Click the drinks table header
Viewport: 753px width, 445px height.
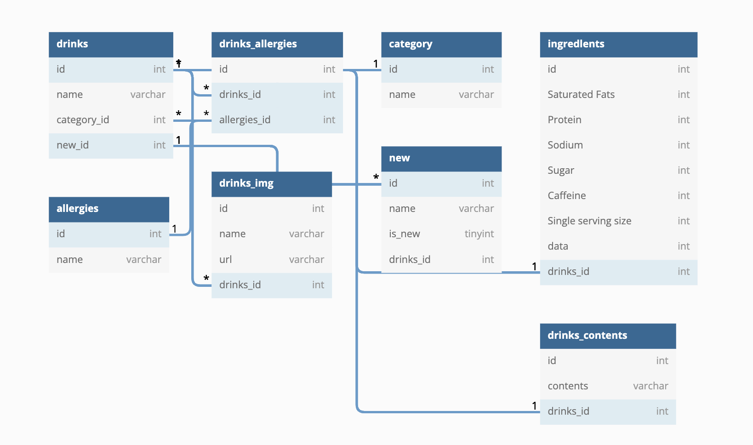coord(111,45)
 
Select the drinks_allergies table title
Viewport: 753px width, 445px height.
coord(258,44)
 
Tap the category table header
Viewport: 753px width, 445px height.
coord(441,45)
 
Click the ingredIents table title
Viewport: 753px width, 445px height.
coord(576,44)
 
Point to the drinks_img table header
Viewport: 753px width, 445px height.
coord(272,184)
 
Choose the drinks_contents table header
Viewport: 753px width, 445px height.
coord(608,336)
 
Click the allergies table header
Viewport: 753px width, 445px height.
coord(109,209)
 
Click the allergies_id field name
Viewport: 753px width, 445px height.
coord(245,120)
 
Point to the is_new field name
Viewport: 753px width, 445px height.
coord(405,234)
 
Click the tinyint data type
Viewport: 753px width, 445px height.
coord(479,234)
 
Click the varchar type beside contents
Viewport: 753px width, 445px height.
coord(650,386)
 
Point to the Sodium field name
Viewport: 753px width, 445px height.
coord(565,145)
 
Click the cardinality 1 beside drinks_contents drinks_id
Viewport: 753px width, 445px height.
coord(534,405)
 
